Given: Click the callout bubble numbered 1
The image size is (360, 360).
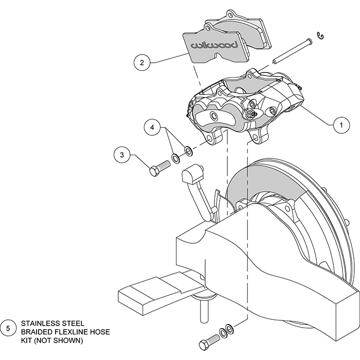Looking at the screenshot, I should tap(338, 124).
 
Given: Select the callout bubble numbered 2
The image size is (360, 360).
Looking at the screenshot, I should tap(141, 63).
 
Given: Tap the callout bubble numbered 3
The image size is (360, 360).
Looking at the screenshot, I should tap(122, 154).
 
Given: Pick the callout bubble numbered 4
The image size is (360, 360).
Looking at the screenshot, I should tap(152, 126).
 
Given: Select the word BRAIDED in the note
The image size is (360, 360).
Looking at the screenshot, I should tap(39, 332).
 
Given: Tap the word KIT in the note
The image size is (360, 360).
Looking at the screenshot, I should tap(27, 340).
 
